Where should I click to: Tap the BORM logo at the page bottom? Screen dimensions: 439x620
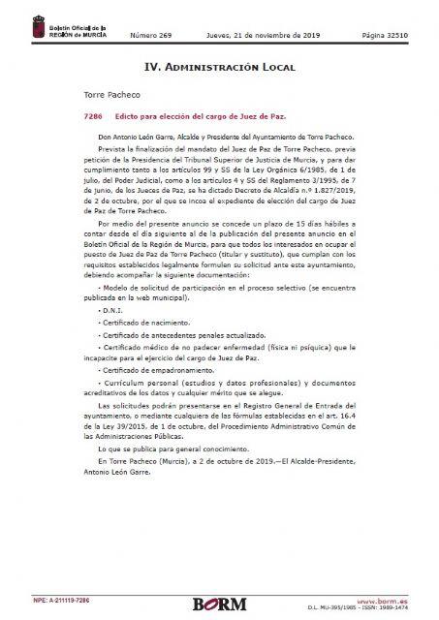(220, 604)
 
